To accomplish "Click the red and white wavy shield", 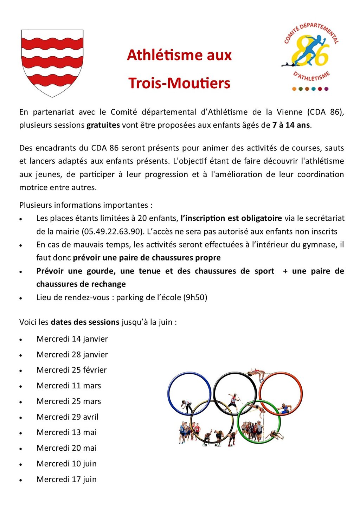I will coord(52,63).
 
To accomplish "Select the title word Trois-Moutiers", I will coord(179,83).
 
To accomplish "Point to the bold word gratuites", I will coord(103,125).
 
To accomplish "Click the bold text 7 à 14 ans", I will coord(291,125).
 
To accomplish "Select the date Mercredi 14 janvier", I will coord(72,339).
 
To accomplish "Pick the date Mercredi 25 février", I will coord(71,370).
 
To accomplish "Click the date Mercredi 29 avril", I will coord(67,417).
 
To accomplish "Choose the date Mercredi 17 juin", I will coord(66,479).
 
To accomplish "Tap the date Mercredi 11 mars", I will coord(69,386).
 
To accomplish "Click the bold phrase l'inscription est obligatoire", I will coord(231,218).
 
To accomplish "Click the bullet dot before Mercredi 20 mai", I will coord(21,449).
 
